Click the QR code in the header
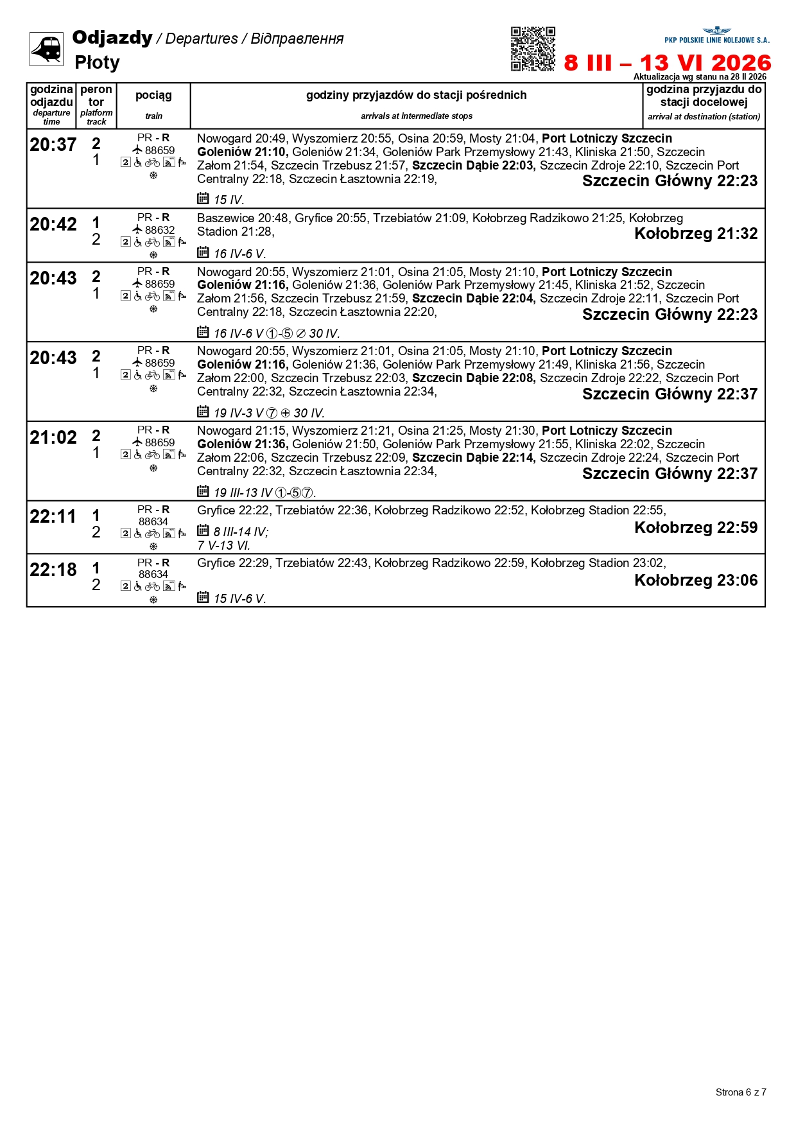click(533, 49)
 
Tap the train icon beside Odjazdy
click(46, 49)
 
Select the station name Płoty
click(97, 62)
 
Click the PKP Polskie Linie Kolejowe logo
click(716, 35)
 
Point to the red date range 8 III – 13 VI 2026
click(667, 63)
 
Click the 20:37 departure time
click(53, 145)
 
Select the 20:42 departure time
click(53, 225)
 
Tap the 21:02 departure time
click(53, 438)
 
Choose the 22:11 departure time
click(53, 517)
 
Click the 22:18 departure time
click(53, 570)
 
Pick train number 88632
click(159, 230)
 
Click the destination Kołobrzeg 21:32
click(696, 234)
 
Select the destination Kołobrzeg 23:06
click(696, 581)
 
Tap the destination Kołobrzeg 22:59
click(696, 528)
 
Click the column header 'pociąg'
click(153, 96)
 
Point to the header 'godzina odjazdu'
click(51, 96)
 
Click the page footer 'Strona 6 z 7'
click(741, 1092)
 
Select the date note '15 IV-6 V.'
click(239, 599)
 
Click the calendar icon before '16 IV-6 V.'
click(203, 252)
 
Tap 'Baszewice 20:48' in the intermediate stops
click(243, 218)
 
